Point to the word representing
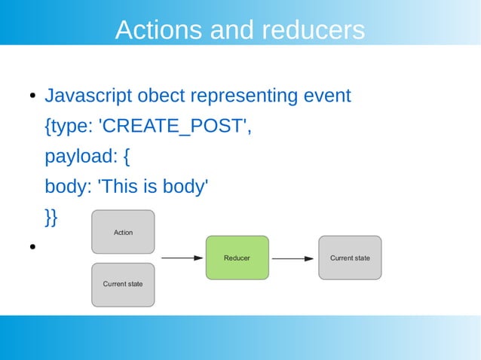tap(244, 96)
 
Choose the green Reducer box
tap(237, 258)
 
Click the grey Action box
tap(123, 232)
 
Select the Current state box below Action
tap(123, 284)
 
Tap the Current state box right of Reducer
tap(350, 258)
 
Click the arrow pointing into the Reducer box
tap(182, 258)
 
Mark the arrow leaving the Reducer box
tap(293, 258)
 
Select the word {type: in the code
tap(69, 127)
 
